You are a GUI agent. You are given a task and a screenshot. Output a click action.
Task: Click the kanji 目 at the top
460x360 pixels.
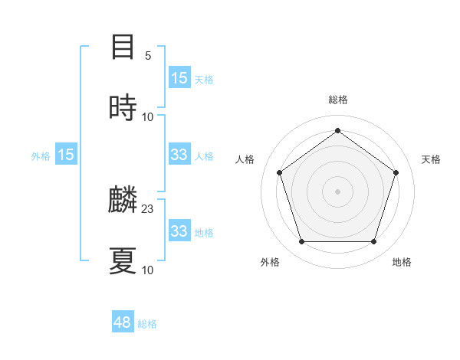coord(123,47)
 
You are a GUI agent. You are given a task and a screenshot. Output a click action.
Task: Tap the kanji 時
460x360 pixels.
coord(123,108)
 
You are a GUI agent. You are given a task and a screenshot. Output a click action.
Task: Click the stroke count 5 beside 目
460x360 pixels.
coord(148,55)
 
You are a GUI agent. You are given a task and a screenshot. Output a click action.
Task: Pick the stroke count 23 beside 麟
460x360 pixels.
coord(148,208)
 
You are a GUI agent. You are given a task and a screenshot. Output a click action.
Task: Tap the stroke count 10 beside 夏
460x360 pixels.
coord(148,270)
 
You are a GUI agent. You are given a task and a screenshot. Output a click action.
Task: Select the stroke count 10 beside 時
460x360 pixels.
coord(148,116)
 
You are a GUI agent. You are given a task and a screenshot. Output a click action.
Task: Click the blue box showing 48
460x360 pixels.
coord(123,322)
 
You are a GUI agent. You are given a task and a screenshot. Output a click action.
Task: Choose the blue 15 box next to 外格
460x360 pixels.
coord(66,155)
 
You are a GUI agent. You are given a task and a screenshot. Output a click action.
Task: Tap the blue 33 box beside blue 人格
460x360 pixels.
coord(179,155)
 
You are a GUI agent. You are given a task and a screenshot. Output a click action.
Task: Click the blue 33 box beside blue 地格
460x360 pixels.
coord(179,231)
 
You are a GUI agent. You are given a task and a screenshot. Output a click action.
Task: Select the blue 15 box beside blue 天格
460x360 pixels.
coord(179,78)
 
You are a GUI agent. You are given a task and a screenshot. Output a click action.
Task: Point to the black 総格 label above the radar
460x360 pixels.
coord(338,100)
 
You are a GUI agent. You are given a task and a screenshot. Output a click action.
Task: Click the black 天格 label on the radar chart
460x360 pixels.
coord(431,159)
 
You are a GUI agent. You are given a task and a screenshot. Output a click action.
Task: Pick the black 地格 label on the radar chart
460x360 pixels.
coord(402,262)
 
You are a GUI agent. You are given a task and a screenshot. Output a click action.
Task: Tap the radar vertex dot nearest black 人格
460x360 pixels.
coord(279,172)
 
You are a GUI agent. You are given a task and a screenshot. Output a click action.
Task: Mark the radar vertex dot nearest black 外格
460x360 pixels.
coord(301,242)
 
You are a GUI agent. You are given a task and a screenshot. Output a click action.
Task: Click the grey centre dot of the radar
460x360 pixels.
coord(338,191)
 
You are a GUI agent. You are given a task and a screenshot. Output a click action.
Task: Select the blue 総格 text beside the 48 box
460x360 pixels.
coord(147,324)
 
